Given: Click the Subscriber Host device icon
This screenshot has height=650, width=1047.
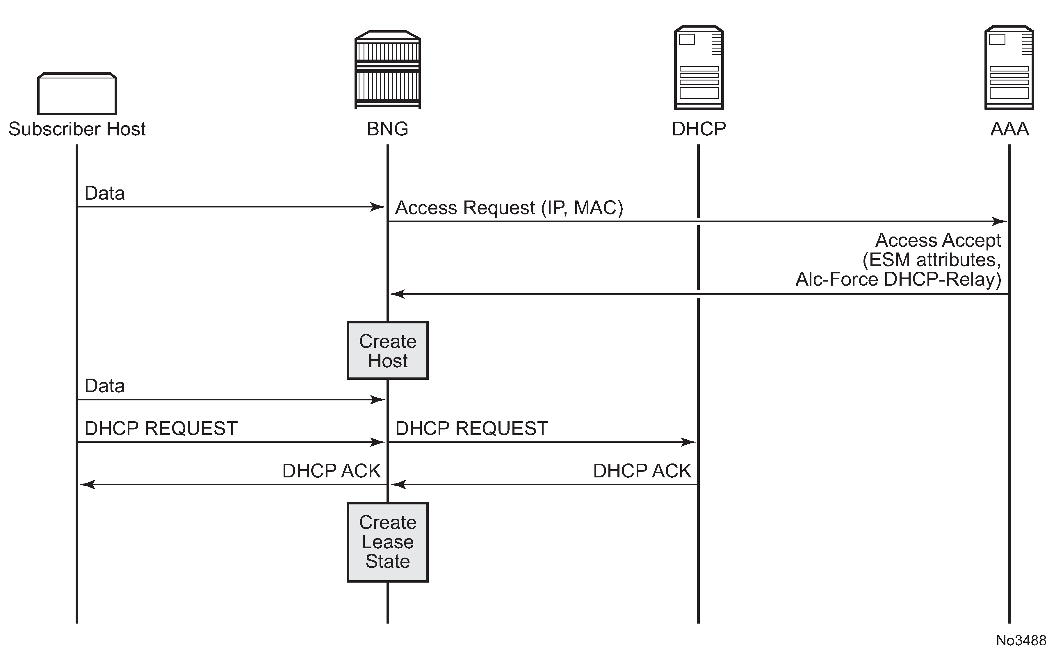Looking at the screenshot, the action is [77, 94].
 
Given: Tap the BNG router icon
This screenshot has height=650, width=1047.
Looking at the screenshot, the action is [388, 70].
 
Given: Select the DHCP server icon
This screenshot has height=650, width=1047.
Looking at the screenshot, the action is [699, 67].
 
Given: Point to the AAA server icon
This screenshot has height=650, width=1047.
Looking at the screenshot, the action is [1009, 67].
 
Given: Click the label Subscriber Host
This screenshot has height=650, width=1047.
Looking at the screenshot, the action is [77, 129].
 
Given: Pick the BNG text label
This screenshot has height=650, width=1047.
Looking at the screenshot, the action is [388, 129].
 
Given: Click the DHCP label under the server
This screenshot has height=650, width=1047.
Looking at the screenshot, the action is [699, 129].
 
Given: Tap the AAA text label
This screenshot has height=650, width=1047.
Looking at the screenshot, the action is [1009, 129].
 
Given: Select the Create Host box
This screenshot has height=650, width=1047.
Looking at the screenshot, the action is [388, 350].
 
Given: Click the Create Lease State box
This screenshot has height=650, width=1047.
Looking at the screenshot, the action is [388, 542].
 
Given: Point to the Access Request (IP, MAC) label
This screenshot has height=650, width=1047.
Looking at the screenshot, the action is [509, 208].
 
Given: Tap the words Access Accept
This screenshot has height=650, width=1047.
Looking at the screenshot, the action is [938, 240].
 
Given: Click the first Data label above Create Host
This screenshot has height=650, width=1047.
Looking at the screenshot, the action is [104, 194].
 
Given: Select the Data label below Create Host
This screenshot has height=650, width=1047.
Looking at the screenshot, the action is [104, 386].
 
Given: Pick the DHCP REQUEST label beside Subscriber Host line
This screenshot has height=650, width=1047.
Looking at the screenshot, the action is [161, 429].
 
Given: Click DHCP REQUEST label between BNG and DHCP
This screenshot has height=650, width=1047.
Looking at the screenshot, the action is [471, 429].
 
